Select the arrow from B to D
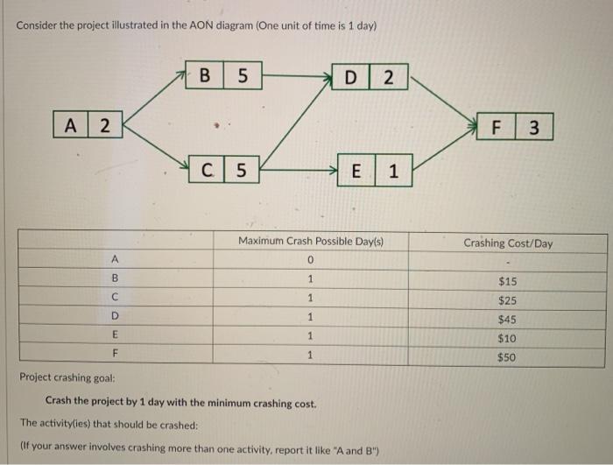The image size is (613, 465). click(x=298, y=76)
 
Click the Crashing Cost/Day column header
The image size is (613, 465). click(x=508, y=243)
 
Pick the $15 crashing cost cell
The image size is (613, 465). click(x=508, y=281)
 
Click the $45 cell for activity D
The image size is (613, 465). click(x=508, y=320)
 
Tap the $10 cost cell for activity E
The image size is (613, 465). click(x=508, y=339)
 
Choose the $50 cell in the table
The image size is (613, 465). click(x=508, y=357)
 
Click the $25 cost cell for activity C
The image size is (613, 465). click(x=508, y=300)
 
